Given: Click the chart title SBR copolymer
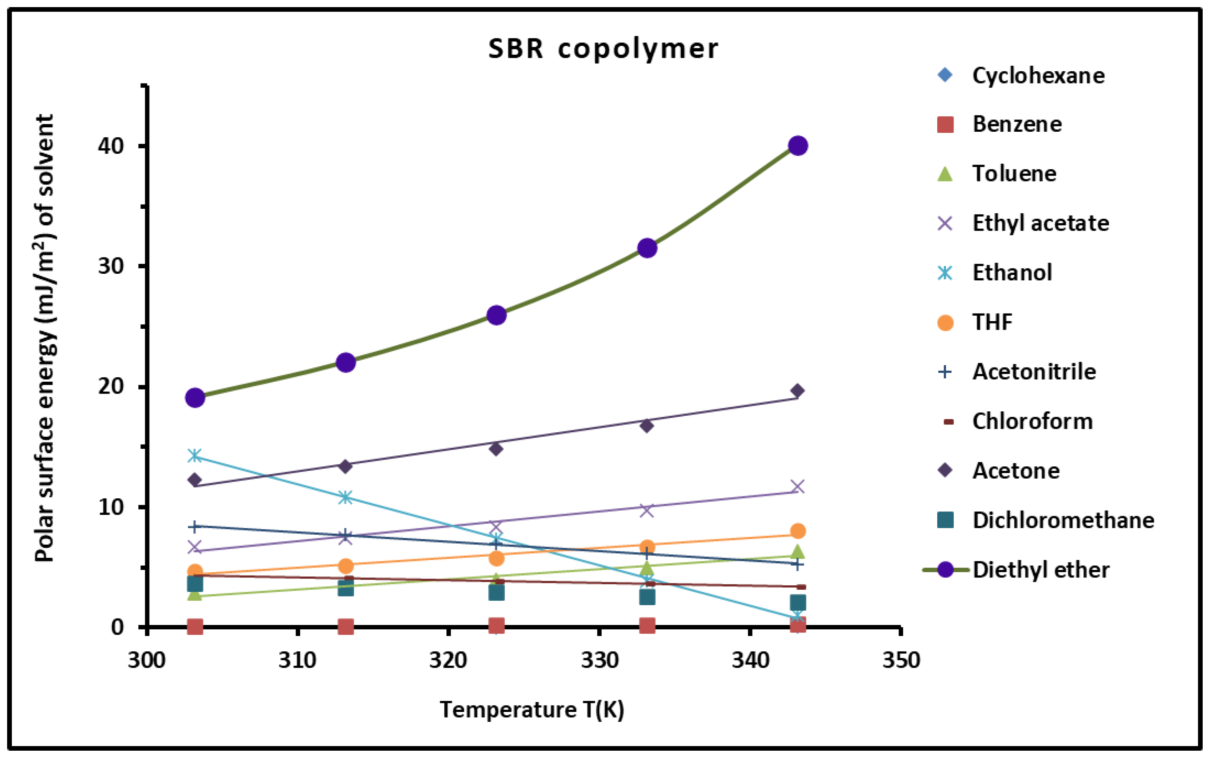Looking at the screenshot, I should [x=603, y=49].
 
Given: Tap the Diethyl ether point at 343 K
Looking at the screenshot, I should [x=798, y=146].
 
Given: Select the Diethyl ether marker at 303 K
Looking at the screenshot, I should [x=195, y=398].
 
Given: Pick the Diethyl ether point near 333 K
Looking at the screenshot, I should [x=647, y=248].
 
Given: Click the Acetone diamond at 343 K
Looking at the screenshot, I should [x=797, y=390].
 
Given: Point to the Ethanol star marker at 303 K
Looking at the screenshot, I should [x=195, y=456].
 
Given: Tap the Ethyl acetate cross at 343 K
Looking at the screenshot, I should [x=797, y=486].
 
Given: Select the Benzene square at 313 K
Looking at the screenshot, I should [x=345, y=627].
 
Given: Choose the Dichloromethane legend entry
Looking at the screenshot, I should [x=1063, y=520].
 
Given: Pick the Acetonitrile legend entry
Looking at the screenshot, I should [x=1034, y=371].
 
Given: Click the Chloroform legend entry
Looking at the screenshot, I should [x=1032, y=421].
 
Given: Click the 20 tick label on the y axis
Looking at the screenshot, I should [x=110, y=386].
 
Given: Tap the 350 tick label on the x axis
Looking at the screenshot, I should [x=901, y=660].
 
